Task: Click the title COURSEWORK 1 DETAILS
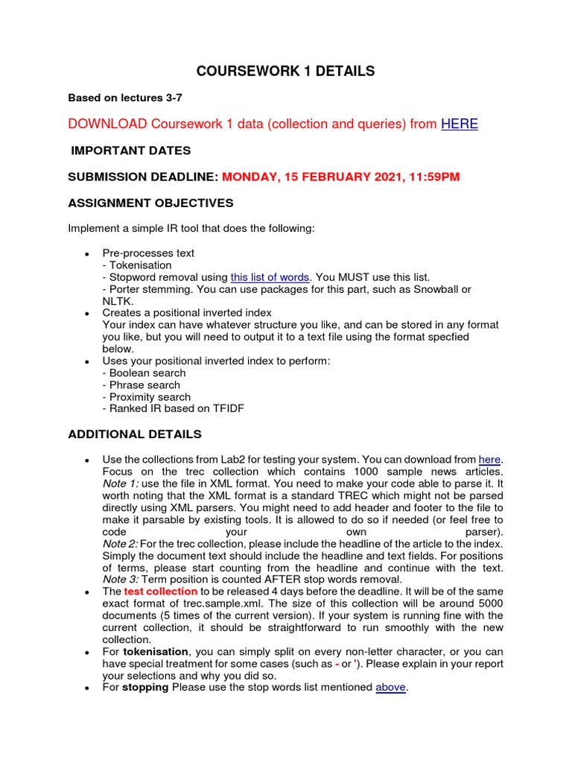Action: (285, 72)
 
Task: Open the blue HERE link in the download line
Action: (460, 124)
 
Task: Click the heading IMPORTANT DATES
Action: (130, 151)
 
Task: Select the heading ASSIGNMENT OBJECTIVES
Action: (150, 203)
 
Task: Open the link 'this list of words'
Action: (270, 277)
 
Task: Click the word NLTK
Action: (117, 301)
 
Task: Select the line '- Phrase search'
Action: (142, 385)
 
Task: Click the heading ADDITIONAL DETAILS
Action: (135, 434)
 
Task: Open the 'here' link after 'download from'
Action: (489, 460)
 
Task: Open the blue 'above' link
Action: (391, 687)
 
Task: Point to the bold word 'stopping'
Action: (145, 687)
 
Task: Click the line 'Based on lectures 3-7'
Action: (125, 98)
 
